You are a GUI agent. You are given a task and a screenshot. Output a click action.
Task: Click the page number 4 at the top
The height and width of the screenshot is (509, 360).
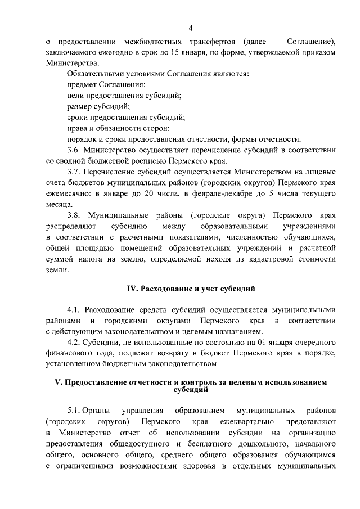pyautogui.click(x=191, y=28)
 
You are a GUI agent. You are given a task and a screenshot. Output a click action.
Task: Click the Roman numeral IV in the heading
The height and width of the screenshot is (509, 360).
pyautogui.click(x=132, y=289)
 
